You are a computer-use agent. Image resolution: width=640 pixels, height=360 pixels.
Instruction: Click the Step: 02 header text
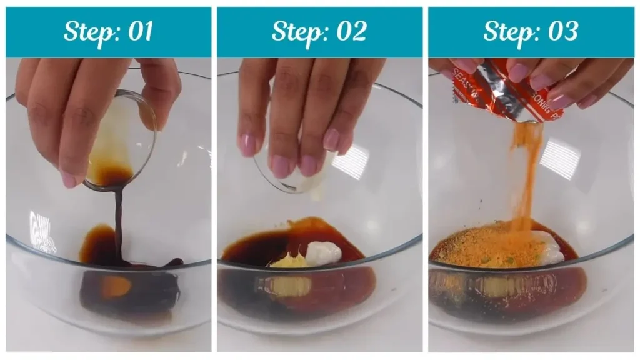click(319, 32)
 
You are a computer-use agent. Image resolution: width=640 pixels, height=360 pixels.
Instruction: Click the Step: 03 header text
click(531, 32)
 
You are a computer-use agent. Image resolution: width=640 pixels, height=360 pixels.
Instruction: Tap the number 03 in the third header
click(562, 32)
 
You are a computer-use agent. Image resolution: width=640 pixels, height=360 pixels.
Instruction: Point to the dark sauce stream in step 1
click(118, 219)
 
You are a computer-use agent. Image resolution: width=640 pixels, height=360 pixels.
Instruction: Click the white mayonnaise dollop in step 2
click(324, 252)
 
